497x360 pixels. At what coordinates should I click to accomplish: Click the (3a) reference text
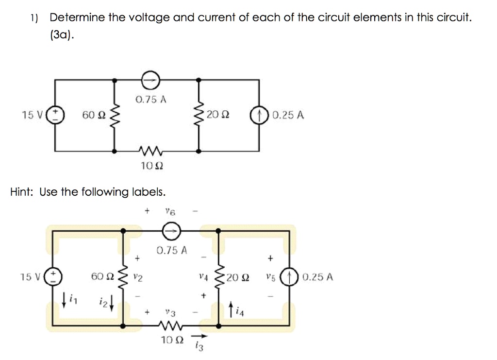tap(63, 35)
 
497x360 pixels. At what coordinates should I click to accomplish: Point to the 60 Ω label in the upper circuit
tap(93, 115)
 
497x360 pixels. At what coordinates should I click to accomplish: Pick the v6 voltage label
tap(169, 211)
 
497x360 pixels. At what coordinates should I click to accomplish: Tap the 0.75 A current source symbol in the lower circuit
tap(170, 232)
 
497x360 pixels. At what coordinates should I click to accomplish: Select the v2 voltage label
tap(137, 277)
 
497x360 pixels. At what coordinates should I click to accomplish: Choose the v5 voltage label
tap(270, 277)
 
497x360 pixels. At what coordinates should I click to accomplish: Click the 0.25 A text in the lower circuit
tap(317, 277)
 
